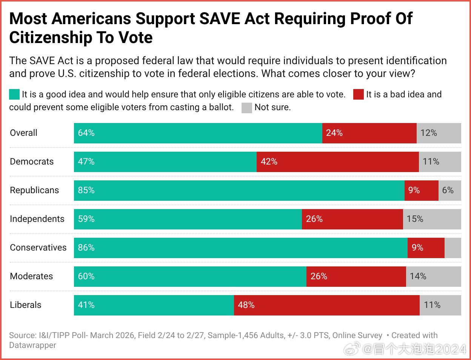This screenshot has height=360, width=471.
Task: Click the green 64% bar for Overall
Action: (x=198, y=133)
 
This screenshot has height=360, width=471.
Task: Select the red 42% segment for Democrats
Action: (x=337, y=162)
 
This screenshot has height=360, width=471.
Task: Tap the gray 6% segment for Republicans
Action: (x=449, y=191)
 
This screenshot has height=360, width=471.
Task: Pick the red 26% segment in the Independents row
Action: (x=352, y=219)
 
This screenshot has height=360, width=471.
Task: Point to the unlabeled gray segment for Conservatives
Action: (x=453, y=248)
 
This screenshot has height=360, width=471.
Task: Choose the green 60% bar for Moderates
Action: (x=190, y=277)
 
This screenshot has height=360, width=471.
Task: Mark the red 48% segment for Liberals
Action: (x=326, y=305)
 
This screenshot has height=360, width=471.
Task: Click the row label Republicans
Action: (x=34, y=190)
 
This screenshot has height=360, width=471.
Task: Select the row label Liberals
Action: (x=26, y=305)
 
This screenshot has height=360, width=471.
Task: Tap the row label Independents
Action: (x=37, y=219)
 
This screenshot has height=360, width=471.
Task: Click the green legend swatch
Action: (x=14, y=94)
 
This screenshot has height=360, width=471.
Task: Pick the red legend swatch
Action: (x=358, y=94)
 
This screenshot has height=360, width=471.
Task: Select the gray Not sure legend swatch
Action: (x=246, y=108)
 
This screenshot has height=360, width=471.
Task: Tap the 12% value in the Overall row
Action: (x=429, y=133)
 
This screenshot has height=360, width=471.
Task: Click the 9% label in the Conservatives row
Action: (x=417, y=248)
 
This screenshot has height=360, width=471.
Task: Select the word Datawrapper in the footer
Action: (x=33, y=345)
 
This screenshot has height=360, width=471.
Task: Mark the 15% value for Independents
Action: (x=415, y=219)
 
